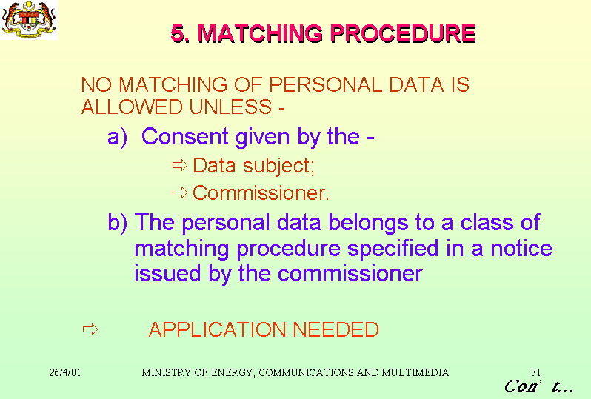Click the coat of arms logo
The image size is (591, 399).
pyautogui.click(x=29, y=19)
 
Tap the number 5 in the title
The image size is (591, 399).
pyautogui.click(x=178, y=33)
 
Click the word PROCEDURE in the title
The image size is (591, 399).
pyautogui.click(x=403, y=33)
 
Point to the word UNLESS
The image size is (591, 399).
pyautogui.click(x=230, y=107)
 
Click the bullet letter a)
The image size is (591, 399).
pyautogui.click(x=117, y=137)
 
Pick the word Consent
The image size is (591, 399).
pyautogui.click(x=185, y=136)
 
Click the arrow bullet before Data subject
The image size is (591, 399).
pyautogui.click(x=180, y=165)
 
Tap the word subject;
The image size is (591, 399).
pyautogui.click(x=278, y=166)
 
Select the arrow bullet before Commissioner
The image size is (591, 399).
pyautogui.click(x=180, y=192)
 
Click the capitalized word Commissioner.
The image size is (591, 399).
pyautogui.click(x=261, y=193)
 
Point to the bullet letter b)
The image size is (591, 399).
pyautogui.click(x=117, y=223)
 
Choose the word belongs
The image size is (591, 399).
pyautogui.click(x=368, y=223)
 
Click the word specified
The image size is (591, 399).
pyautogui.click(x=393, y=249)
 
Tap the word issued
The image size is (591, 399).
pyautogui.click(x=167, y=273)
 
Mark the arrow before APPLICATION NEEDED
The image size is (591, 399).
pyautogui.click(x=90, y=329)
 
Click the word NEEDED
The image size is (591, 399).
pyautogui.click(x=335, y=329)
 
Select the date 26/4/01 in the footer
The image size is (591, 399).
pyautogui.click(x=65, y=372)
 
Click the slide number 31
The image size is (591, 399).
pyautogui.click(x=536, y=372)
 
